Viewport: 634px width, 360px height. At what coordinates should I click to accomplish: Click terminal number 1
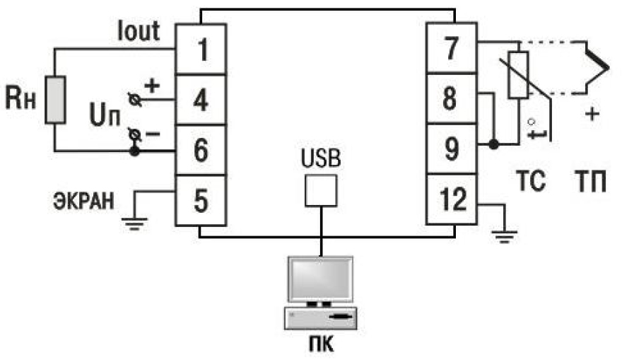[201, 51]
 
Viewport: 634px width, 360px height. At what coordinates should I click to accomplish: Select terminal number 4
[201, 100]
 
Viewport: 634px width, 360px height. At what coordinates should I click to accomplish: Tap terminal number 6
[201, 149]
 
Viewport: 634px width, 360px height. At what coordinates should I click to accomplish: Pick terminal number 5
[201, 200]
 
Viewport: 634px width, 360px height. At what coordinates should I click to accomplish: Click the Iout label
[139, 32]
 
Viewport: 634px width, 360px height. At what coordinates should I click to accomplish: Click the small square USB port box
[321, 190]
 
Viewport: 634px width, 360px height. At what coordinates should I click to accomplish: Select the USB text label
[321, 158]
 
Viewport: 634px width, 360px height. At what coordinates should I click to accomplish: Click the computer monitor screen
[319, 278]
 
